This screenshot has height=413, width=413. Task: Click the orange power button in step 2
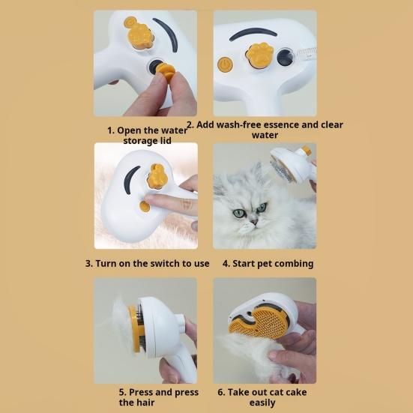[225, 64]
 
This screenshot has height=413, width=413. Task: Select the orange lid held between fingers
[165, 73]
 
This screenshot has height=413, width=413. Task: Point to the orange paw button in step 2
[259, 54]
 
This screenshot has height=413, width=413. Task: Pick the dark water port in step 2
[285, 57]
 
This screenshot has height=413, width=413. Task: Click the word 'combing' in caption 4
[293, 264]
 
